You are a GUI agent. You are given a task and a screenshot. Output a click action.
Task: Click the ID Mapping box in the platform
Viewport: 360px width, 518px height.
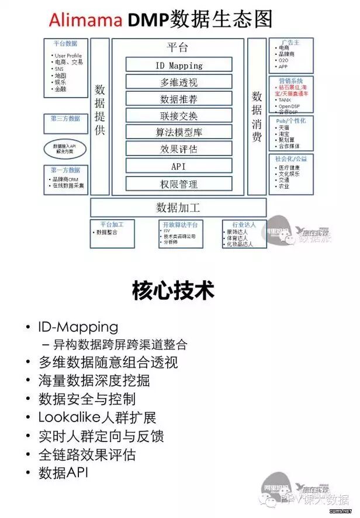pyautogui.click(x=179, y=65)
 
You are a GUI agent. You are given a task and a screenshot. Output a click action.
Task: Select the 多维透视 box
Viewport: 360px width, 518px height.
pyautogui.click(x=179, y=82)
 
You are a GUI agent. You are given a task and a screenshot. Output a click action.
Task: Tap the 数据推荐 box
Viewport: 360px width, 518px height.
pyautogui.click(x=179, y=99)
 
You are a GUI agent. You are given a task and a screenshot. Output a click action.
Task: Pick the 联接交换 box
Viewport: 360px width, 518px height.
pyautogui.click(x=179, y=115)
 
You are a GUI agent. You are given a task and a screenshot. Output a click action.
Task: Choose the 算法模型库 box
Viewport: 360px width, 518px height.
pyautogui.click(x=179, y=132)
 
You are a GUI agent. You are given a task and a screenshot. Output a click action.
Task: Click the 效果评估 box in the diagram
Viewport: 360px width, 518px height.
pyautogui.click(x=179, y=149)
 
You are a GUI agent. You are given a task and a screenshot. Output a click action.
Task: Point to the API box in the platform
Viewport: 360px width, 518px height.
pyautogui.click(x=179, y=166)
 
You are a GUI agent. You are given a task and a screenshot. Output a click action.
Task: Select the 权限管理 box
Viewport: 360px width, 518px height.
pyautogui.click(x=179, y=184)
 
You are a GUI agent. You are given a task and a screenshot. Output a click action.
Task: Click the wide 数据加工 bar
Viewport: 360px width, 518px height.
pyautogui.click(x=178, y=207)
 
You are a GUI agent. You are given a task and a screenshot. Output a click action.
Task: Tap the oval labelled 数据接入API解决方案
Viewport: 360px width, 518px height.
pyautogui.click(x=65, y=148)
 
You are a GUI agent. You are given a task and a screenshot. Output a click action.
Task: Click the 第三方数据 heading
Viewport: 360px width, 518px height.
pyautogui.click(x=65, y=118)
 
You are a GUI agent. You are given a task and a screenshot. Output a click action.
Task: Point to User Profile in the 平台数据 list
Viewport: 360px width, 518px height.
pyautogui.click(x=68, y=56)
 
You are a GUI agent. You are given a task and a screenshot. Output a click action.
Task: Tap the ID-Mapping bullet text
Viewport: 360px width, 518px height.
pyautogui.click(x=78, y=327)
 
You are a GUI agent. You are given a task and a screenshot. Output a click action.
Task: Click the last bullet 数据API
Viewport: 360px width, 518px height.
pyautogui.click(x=63, y=472)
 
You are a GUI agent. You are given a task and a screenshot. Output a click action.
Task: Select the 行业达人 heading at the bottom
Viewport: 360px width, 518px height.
pyautogui.click(x=244, y=224)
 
